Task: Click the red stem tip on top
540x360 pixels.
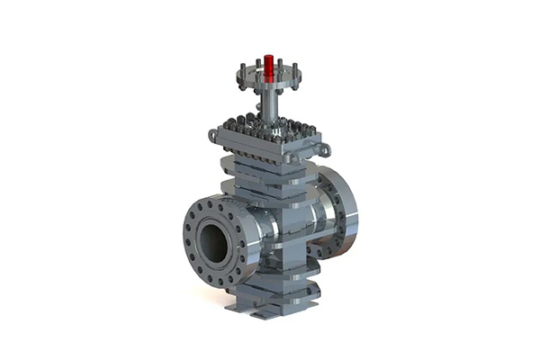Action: pyautogui.click(x=268, y=65)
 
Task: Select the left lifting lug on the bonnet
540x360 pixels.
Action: pyautogui.click(x=213, y=136)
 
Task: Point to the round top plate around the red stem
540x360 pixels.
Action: pyautogui.click(x=268, y=79)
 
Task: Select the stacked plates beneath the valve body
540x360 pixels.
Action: pyautogui.click(x=274, y=283)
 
